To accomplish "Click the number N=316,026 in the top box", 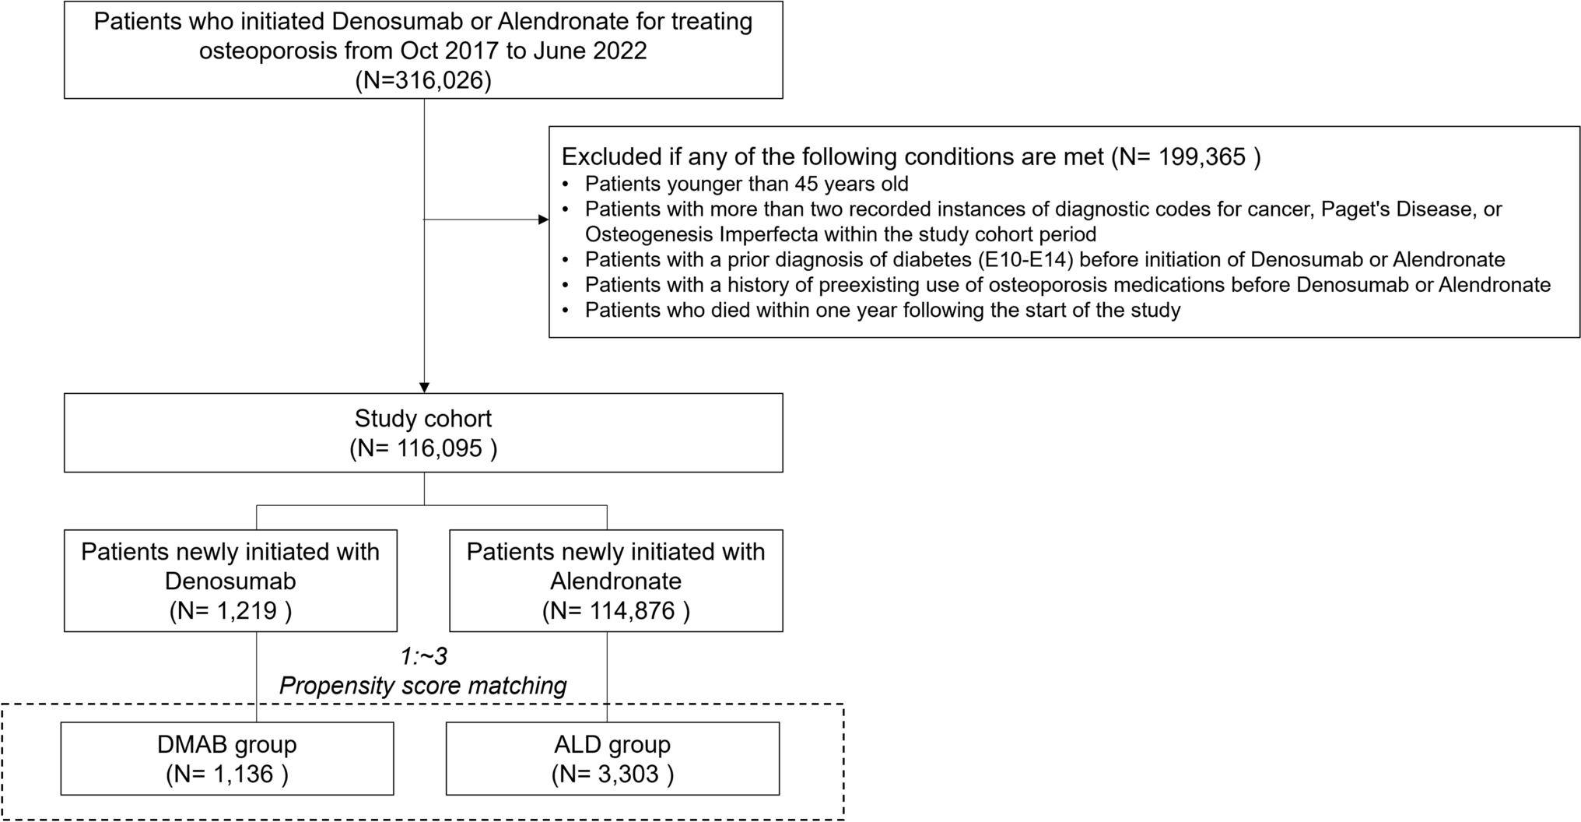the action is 423,80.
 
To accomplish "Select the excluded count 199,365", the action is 1202,156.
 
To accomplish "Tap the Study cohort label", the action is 423,418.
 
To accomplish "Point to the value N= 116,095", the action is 423,448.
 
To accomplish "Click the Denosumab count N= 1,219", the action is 230,610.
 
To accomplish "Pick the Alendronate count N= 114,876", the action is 616,610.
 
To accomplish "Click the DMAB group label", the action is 227,744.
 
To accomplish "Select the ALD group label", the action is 613,744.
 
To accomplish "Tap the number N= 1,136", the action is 227,774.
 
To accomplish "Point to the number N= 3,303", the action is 613,774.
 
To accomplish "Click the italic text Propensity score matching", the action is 423,686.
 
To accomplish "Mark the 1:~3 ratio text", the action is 424,656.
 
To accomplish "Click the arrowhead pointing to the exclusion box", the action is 544,220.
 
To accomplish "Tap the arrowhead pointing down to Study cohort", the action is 424,388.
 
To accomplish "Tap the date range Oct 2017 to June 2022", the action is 524,51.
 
